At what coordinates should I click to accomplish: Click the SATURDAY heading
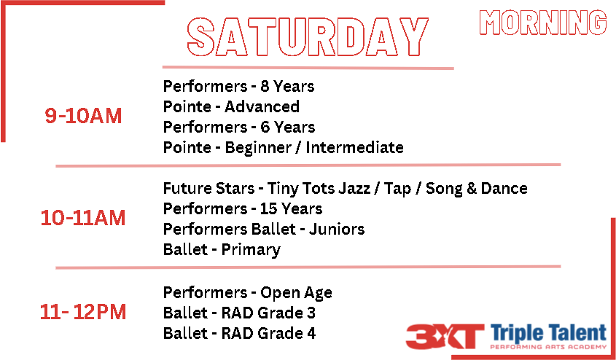(x=308, y=37)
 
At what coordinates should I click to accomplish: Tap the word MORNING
(x=543, y=23)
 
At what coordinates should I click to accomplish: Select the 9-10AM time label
(x=83, y=116)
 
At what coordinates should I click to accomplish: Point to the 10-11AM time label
(x=83, y=219)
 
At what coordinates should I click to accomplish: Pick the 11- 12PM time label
(x=83, y=313)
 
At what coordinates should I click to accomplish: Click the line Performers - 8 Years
(x=239, y=87)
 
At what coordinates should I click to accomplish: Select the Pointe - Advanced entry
(x=231, y=107)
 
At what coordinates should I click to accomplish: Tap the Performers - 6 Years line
(x=239, y=128)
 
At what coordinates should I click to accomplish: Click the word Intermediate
(x=355, y=148)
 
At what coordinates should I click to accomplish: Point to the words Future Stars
(x=209, y=189)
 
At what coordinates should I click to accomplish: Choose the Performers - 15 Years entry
(x=243, y=209)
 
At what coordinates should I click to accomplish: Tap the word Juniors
(x=337, y=230)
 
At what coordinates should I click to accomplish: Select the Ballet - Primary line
(x=222, y=250)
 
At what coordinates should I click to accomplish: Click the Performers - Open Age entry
(x=248, y=293)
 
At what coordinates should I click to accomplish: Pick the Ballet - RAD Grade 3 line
(x=240, y=313)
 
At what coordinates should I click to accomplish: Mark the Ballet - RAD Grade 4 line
(x=240, y=334)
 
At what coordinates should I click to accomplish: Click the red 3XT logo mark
(x=445, y=337)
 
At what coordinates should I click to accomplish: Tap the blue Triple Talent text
(x=548, y=334)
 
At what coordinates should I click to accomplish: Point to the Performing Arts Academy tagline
(x=548, y=347)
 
